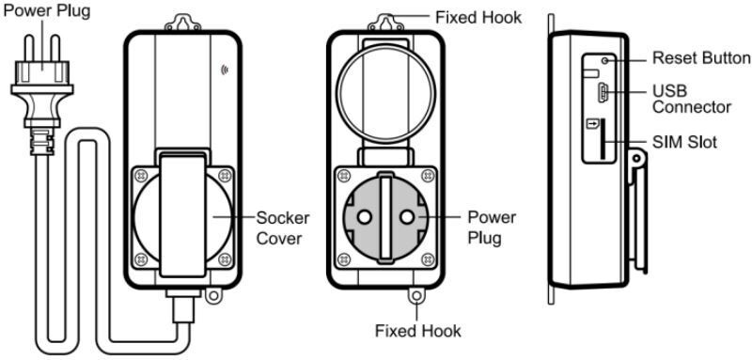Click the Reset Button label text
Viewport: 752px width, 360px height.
point(701,58)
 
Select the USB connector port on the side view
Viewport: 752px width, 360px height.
point(603,91)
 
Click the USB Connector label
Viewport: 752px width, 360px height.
point(692,99)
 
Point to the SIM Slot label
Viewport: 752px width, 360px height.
point(685,142)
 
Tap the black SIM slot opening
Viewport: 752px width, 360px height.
point(603,140)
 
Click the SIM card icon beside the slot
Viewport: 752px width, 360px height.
point(593,125)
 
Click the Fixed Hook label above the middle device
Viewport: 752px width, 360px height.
point(478,17)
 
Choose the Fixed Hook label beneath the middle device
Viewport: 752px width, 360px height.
point(417,331)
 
